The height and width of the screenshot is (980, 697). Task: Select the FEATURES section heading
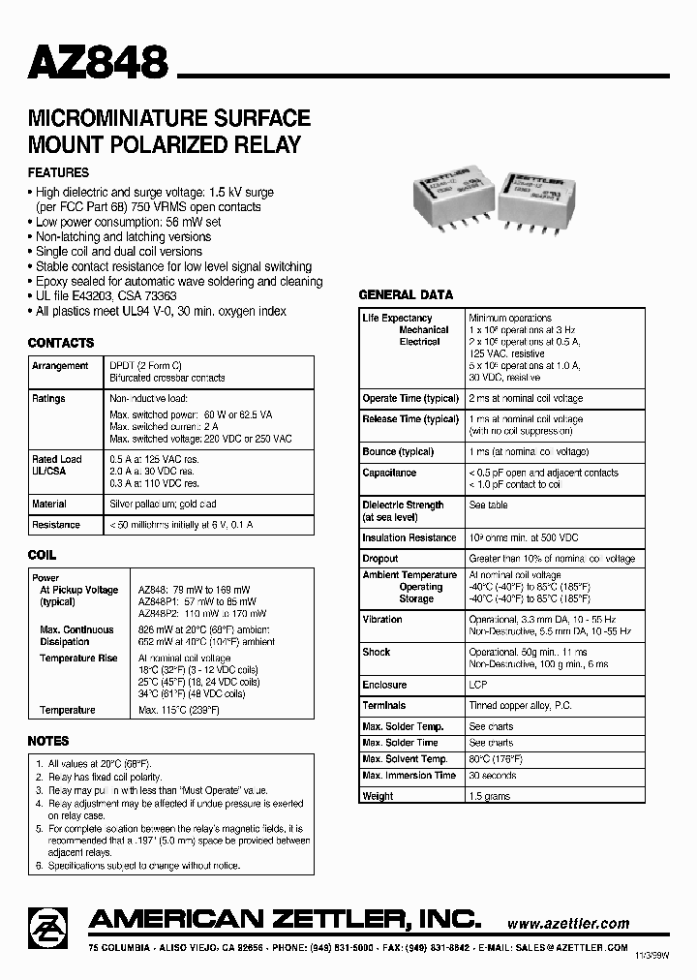[58, 172]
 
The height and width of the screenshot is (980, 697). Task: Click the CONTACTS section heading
[60, 343]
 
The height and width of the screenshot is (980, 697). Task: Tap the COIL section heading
[42, 556]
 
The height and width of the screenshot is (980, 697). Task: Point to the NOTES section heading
[48, 741]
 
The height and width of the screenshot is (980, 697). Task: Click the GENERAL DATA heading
[406, 294]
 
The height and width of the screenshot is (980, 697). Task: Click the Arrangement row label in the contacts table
[60, 366]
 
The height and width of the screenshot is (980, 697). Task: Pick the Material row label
[49, 505]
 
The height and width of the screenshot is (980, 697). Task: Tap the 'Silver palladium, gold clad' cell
[163, 505]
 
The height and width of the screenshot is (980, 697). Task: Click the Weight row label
[378, 796]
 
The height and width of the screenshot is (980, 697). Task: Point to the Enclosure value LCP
[478, 685]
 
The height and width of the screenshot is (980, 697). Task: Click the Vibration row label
[382, 619]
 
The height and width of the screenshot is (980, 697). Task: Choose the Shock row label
[377, 652]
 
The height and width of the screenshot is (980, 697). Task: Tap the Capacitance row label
[389, 473]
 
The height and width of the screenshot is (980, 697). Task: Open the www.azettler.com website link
[567, 924]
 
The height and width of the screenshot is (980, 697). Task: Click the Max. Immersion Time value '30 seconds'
[493, 776]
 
